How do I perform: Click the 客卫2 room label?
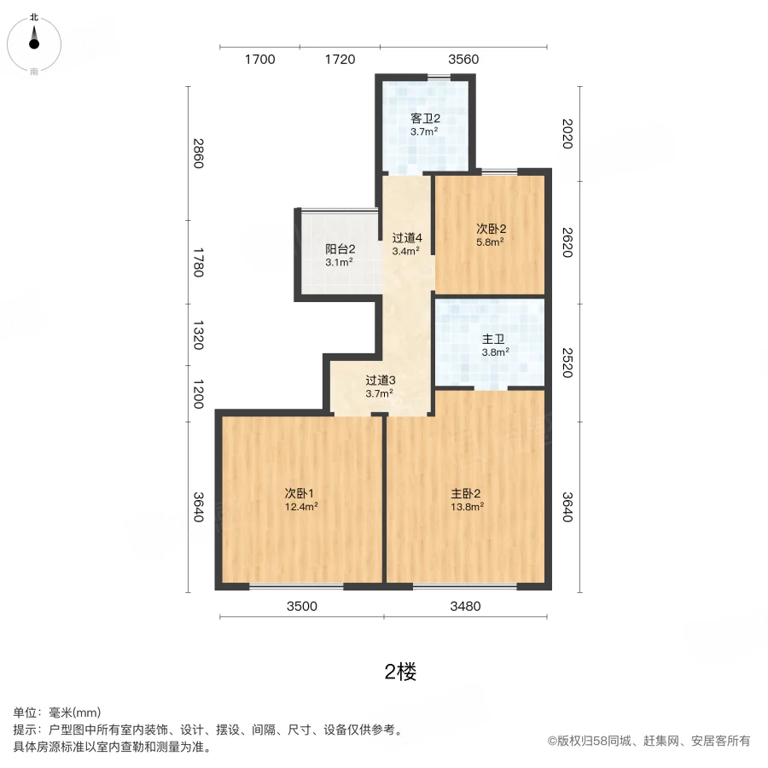(425, 119)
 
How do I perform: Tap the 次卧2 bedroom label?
(492, 229)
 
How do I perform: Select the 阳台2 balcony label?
(340, 249)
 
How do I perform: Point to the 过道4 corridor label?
(407, 238)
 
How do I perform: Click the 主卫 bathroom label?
(493, 339)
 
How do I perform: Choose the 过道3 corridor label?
(381, 380)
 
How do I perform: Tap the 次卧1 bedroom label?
(300, 493)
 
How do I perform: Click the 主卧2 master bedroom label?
(466, 493)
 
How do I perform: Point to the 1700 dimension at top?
(260, 60)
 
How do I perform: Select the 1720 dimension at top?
(340, 60)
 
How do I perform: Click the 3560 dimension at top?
(463, 60)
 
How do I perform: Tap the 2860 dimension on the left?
(198, 154)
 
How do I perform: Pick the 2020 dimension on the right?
(567, 134)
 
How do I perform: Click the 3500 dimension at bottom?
(302, 607)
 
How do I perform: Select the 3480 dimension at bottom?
(465, 607)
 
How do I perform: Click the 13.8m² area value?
(468, 507)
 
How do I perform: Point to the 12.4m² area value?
(301, 507)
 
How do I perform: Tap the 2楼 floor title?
(401, 672)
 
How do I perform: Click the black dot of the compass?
(34, 44)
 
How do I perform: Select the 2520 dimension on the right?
(567, 363)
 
